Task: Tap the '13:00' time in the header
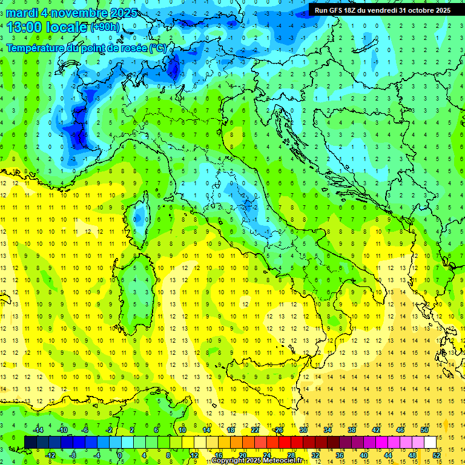click(x=24, y=27)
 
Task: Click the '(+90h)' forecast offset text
click(x=105, y=27)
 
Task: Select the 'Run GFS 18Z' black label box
click(x=382, y=10)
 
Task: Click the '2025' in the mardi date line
click(x=121, y=13)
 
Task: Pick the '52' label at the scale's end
click(x=437, y=455)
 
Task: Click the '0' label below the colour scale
click(x=120, y=455)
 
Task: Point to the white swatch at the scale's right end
click(x=430, y=442)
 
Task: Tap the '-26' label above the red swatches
click(x=278, y=430)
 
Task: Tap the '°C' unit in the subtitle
click(x=156, y=48)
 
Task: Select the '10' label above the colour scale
click(x=182, y=430)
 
